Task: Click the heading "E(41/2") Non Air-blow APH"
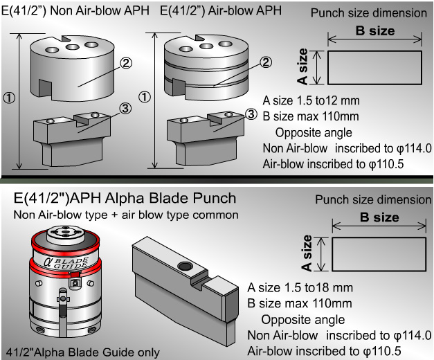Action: pyautogui.click(x=76, y=12)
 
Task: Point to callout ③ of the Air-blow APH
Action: pyautogui.click(x=252, y=114)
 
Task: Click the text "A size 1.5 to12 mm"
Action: pyautogui.click(x=311, y=101)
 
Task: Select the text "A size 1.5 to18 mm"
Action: pyautogui.click(x=300, y=287)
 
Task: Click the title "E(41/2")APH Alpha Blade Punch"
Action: pyautogui.click(x=125, y=198)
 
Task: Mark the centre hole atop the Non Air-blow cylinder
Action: pyautogui.click(x=71, y=49)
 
